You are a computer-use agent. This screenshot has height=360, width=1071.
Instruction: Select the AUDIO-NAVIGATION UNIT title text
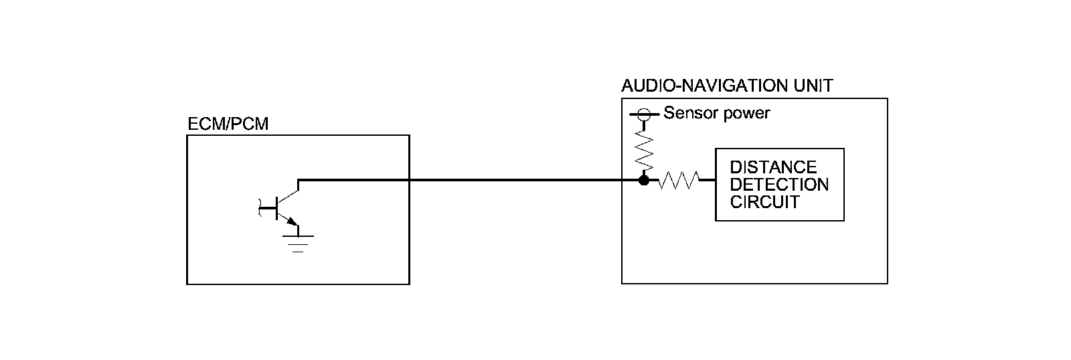click(727, 86)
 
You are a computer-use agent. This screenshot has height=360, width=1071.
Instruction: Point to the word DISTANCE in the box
click(773, 167)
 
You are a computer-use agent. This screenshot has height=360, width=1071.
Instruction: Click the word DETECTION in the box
click(779, 184)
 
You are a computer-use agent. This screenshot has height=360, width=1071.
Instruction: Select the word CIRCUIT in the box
click(764, 201)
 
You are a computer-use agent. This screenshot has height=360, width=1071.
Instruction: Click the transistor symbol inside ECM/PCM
click(284, 207)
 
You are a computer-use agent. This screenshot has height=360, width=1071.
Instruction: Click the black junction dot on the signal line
click(644, 180)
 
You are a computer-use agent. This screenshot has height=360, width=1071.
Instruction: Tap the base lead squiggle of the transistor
click(261, 208)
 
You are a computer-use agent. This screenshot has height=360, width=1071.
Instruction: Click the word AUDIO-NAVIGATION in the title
click(703, 86)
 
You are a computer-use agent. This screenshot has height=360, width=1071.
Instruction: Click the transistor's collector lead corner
click(299, 181)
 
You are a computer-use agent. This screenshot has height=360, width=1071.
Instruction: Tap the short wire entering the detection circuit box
click(708, 180)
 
